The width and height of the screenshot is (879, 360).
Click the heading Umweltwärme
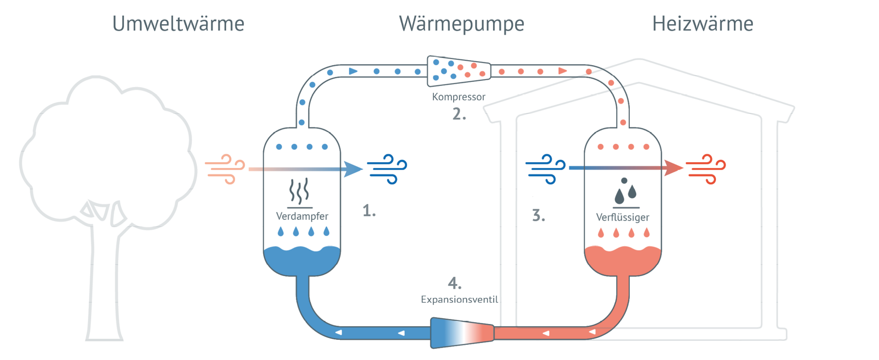pyautogui.click(x=178, y=23)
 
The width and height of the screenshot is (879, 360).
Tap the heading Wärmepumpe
pyautogui.click(x=461, y=24)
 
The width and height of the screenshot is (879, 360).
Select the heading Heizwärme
pyautogui.click(x=702, y=23)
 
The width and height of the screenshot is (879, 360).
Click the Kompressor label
pyautogui.click(x=458, y=97)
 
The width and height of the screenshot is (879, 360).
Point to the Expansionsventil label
pyautogui.click(x=459, y=299)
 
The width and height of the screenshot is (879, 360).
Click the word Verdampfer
pyautogui.click(x=302, y=216)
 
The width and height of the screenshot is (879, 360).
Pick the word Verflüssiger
pyautogui.click(x=622, y=217)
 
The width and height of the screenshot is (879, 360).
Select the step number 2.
pyautogui.click(x=458, y=114)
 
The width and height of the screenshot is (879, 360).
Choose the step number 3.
pyautogui.click(x=538, y=215)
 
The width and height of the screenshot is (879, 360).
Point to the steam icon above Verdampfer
pyautogui.click(x=299, y=191)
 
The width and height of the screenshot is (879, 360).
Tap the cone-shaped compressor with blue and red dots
pyautogui.click(x=459, y=70)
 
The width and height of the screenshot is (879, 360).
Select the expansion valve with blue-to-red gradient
pyautogui.click(x=461, y=333)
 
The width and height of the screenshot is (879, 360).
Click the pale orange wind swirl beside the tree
pyautogui.click(x=225, y=169)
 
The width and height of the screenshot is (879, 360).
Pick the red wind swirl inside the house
pyautogui.click(x=706, y=168)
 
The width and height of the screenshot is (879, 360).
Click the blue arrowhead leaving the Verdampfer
pyautogui.click(x=352, y=169)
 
